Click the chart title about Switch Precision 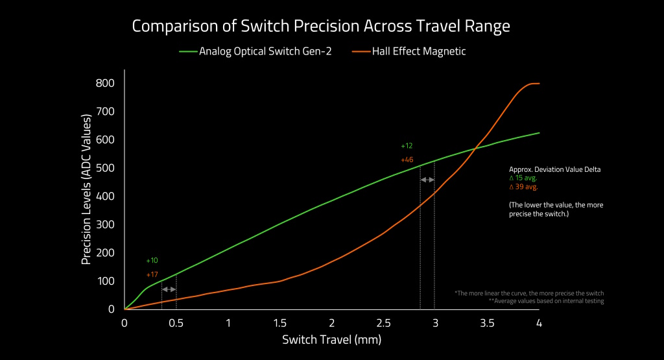point(321,27)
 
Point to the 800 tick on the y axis point(105,83)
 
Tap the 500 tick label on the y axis point(105,168)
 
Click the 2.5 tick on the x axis point(383,323)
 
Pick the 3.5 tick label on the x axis point(486,323)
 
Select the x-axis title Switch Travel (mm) point(331,339)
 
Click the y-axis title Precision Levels point(86,190)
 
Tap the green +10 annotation point(152,261)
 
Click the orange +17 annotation point(152,275)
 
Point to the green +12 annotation point(407,146)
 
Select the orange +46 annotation point(407,160)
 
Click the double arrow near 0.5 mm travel point(169,289)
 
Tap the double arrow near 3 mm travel point(427,179)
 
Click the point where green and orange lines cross point(476,149)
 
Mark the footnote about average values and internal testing point(546,302)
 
